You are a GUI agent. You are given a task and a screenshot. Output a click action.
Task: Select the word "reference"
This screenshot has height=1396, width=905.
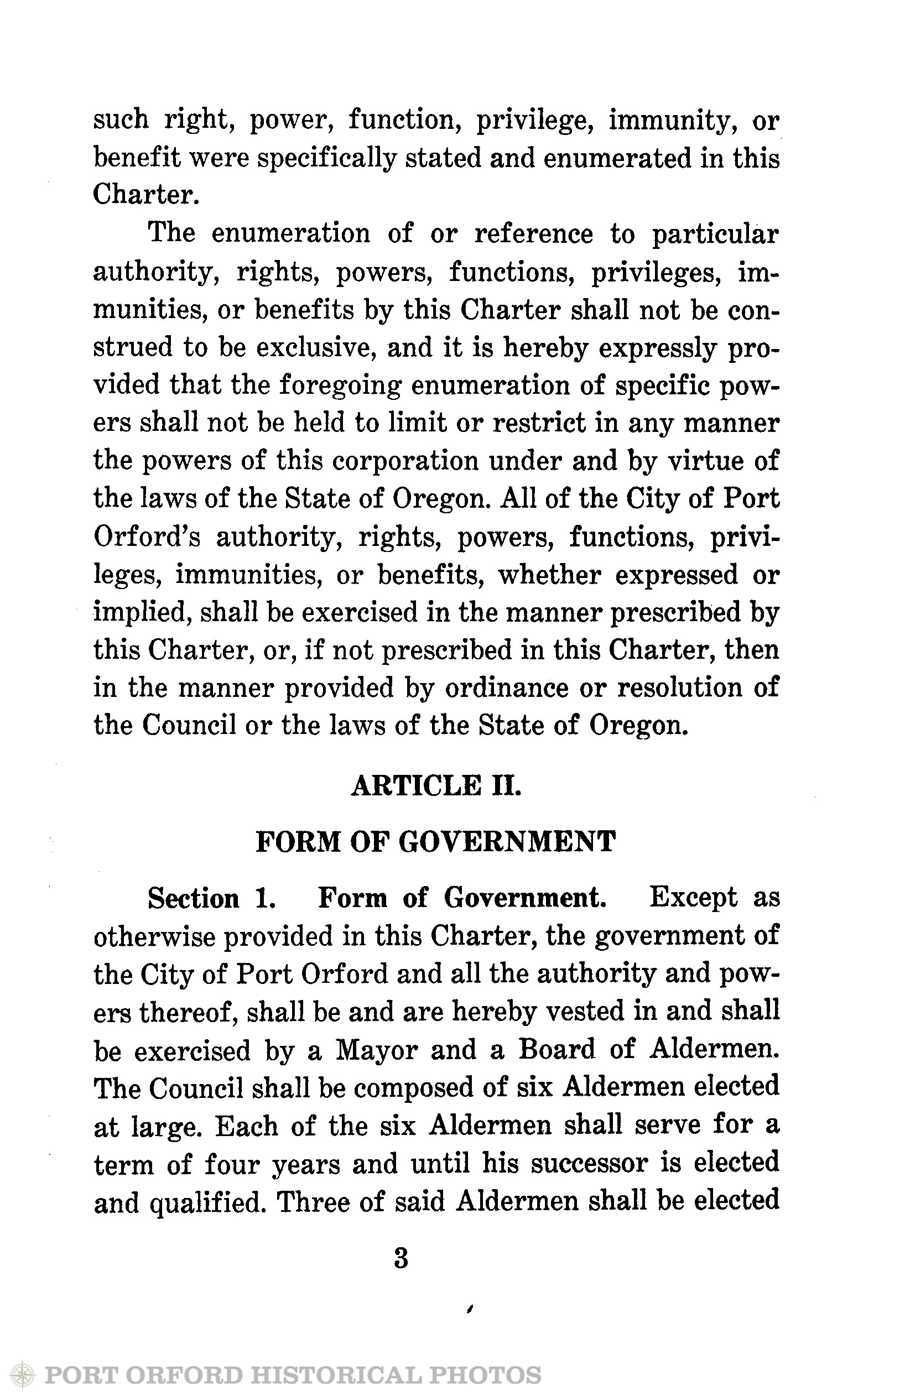coord(533,234)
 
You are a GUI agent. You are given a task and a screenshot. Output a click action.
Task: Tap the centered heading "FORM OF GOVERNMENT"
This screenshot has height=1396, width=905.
coord(436,842)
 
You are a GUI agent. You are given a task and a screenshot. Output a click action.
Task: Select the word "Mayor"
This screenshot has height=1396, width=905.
coord(376,1050)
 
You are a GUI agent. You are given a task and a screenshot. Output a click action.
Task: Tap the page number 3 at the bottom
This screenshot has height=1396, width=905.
coord(401,1259)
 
